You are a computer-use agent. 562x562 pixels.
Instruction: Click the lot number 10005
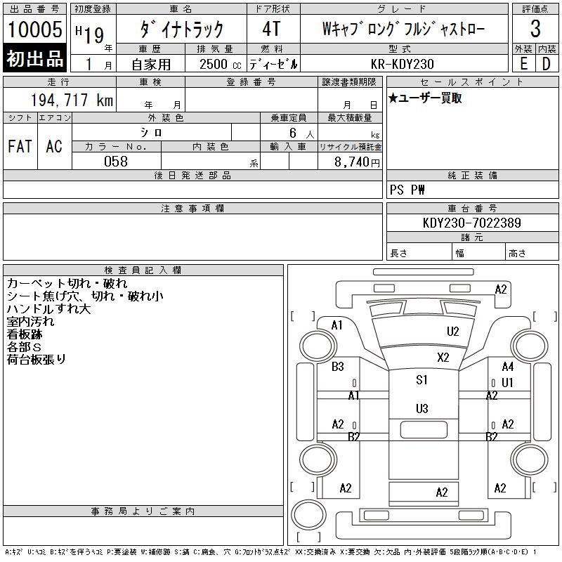click(x=35, y=30)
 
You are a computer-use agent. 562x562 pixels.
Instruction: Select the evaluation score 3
click(x=535, y=30)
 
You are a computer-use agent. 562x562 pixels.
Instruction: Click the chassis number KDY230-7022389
click(x=472, y=223)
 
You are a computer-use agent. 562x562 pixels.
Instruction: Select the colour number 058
click(x=116, y=162)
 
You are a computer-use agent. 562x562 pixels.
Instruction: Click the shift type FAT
click(x=20, y=146)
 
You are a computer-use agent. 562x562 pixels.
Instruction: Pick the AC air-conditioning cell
click(x=54, y=146)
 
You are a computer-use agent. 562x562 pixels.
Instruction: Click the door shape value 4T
click(x=272, y=30)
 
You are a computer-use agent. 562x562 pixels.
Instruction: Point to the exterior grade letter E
click(x=523, y=64)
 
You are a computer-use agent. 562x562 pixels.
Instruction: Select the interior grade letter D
click(x=546, y=64)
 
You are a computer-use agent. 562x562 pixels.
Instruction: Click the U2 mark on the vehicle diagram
click(x=453, y=332)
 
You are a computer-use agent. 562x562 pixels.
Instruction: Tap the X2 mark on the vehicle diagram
click(x=443, y=357)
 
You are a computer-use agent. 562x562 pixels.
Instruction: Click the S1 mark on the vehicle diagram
click(x=421, y=380)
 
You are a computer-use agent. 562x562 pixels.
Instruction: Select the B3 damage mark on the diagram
click(x=338, y=367)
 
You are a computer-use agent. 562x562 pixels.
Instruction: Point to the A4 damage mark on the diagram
click(x=507, y=367)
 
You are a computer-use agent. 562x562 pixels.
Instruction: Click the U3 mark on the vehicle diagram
click(x=421, y=408)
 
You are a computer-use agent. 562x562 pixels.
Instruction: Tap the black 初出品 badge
click(x=35, y=59)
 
